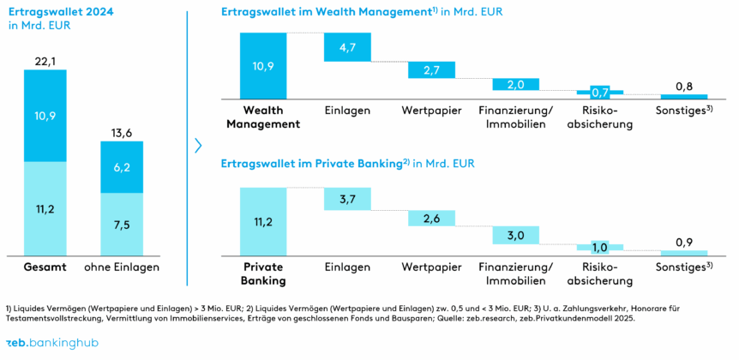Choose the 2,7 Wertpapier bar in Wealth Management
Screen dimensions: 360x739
point(431,69)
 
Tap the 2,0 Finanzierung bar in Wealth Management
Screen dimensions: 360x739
point(515,84)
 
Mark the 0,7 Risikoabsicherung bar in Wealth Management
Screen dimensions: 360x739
point(599,92)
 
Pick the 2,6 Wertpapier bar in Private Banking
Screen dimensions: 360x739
point(431,219)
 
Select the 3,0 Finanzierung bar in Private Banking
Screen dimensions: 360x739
point(515,236)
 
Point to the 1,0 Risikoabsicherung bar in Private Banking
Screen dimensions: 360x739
point(599,247)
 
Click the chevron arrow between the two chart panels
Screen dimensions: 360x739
point(198,145)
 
